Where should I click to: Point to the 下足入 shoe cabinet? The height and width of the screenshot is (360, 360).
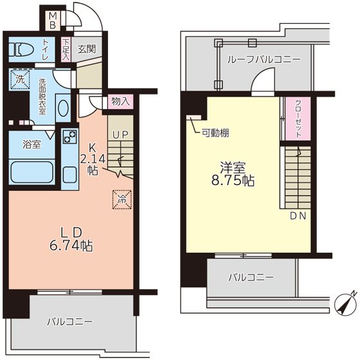[66, 48]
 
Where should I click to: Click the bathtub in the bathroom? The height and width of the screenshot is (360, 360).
[32, 172]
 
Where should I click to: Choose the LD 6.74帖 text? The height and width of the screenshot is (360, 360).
[71, 237]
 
